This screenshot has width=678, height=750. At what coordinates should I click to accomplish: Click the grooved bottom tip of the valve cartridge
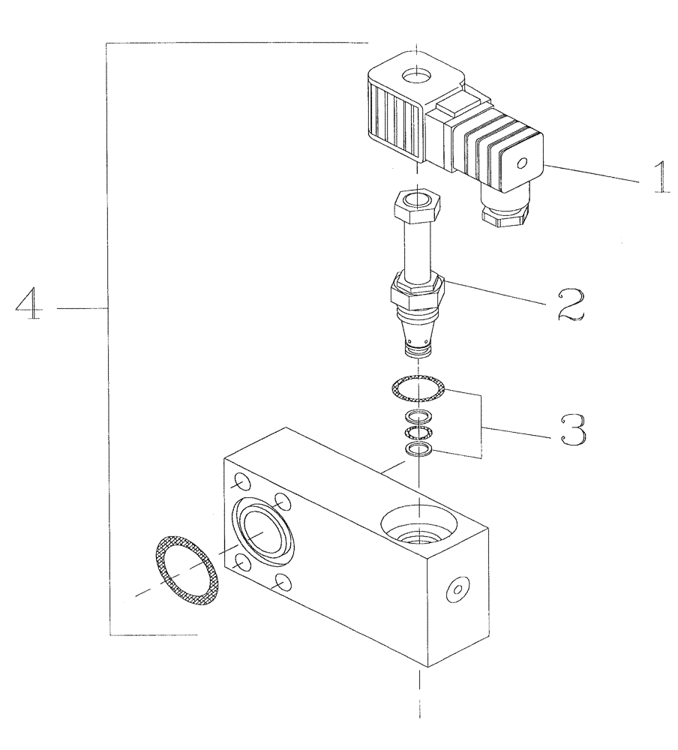point(417,350)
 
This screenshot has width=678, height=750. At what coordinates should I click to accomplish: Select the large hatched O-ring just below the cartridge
point(418,388)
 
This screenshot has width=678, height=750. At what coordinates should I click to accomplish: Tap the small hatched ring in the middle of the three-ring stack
point(417,433)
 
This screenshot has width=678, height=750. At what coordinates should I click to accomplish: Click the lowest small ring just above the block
point(418,449)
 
